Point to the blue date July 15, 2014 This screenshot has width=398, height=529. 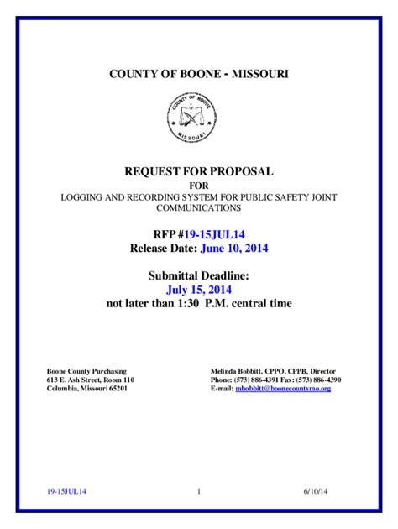[199, 289]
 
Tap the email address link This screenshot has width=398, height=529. [283, 390]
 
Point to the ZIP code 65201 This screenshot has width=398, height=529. [115, 390]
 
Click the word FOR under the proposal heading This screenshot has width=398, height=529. [199, 185]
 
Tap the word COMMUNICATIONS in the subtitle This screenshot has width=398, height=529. [199, 207]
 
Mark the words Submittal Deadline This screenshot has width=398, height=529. [199, 275]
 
